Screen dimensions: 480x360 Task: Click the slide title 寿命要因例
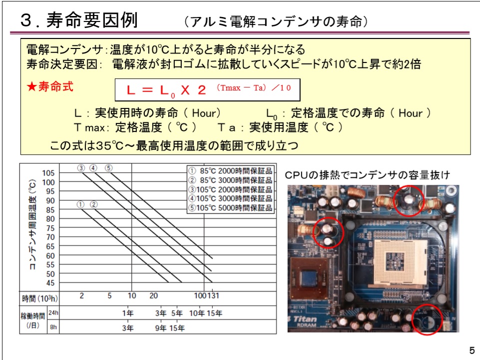coord(92,20)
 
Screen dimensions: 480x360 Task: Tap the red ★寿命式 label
coord(50,86)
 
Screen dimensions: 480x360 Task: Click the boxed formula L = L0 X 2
coord(207,90)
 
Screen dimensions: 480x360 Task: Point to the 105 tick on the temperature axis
coord(48,173)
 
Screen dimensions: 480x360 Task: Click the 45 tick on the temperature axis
coord(50,283)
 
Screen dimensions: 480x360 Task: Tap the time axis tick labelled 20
coord(154,295)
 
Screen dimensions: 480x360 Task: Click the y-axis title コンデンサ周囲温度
coord(33,224)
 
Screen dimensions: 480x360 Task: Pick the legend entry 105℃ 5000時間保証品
coord(231,207)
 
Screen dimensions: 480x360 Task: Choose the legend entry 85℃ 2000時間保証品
coord(231,171)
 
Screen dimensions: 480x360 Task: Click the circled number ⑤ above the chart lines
coord(109,168)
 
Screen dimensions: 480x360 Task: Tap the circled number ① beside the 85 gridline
coord(80,204)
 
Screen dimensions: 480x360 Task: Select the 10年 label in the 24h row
coord(196,313)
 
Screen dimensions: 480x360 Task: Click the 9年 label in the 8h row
coord(161,328)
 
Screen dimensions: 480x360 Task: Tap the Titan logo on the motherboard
coord(305,319)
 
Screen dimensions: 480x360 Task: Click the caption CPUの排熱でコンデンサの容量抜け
coord(367,175)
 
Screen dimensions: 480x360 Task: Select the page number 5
coord(472,350)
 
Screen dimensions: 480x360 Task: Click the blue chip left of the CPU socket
coord(309,278)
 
